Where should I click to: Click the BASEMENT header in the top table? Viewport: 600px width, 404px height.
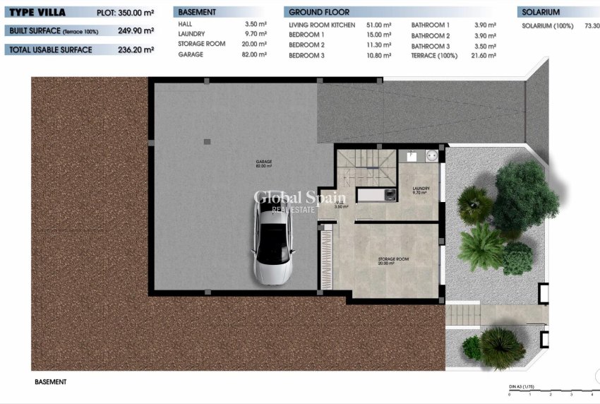point(198,13)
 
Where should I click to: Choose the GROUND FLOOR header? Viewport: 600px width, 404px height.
point(319,13)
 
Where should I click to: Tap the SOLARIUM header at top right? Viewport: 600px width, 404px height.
point(541,13)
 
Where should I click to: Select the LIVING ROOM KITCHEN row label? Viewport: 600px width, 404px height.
point(322,25)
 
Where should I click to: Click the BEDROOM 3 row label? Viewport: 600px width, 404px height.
point(306,55)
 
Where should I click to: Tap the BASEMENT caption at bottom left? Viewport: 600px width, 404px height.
point(50,381)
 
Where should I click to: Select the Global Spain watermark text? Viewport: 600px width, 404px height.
point(299,197)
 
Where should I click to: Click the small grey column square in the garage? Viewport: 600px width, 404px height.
point(207,142)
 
